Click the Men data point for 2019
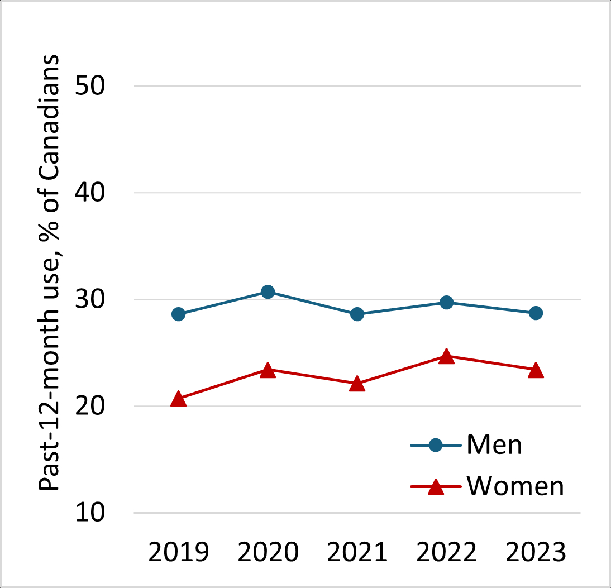[178, 314]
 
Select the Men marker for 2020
[268, 291]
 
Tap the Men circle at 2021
[357, 314]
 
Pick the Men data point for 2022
[446, 302]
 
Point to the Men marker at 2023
[536, 313]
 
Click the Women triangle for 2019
[178, 399]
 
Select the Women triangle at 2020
[268, 370]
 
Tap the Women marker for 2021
[357, 384]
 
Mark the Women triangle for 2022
[446, 357]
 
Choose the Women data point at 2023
[536, 371]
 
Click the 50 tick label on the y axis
[98, 86]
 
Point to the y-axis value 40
[98, 193]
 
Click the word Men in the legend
[494, 445]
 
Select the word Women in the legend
[515, 486]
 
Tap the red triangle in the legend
[436, 487]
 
